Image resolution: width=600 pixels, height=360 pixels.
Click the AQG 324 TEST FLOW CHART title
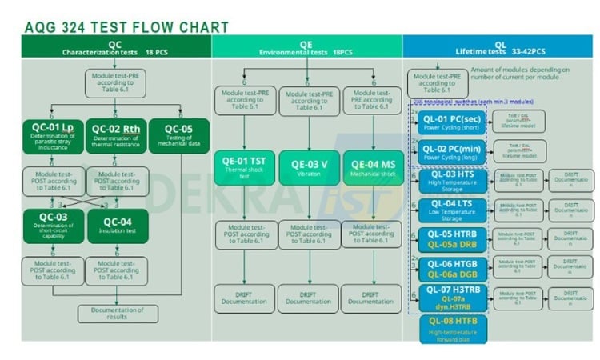pos(126,27)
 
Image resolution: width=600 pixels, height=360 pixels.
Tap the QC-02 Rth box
pos(115,135)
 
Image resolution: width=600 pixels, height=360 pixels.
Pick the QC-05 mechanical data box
pos(178,135)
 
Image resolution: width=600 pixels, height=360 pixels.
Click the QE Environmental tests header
pos(307,48)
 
